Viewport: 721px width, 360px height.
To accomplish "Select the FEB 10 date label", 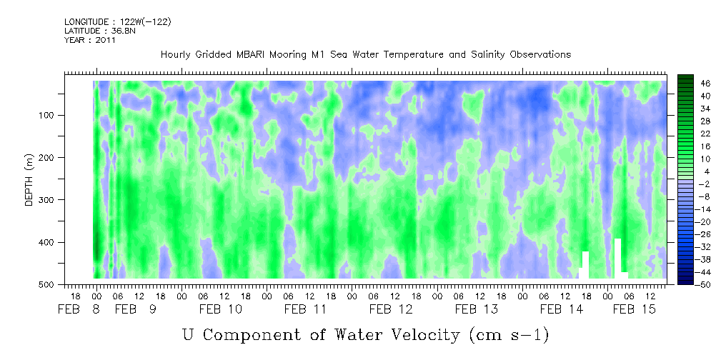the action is coord(220,310).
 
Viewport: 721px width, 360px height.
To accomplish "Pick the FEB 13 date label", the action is coord(477,310).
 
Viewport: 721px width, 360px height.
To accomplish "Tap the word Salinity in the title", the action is coord(489,55).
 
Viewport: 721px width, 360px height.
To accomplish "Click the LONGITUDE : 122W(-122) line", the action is coord(118,22).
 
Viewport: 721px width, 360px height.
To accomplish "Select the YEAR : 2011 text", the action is coord(89,40).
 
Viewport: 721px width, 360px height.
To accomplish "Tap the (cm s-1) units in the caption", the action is coord(509,335).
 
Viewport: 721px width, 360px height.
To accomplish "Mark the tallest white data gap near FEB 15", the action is coord(617,258).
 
